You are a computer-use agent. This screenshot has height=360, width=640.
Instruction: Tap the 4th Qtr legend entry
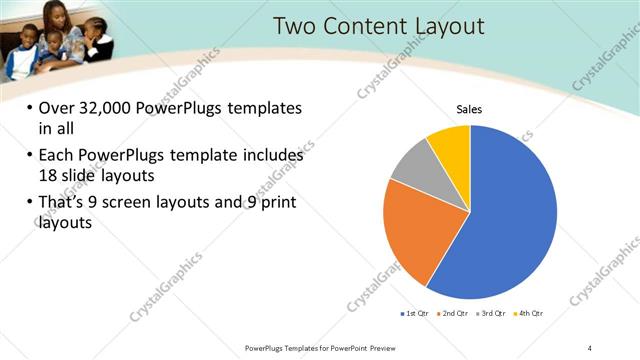(526, 314)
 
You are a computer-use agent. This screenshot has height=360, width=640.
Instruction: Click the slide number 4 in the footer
(590, 348)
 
